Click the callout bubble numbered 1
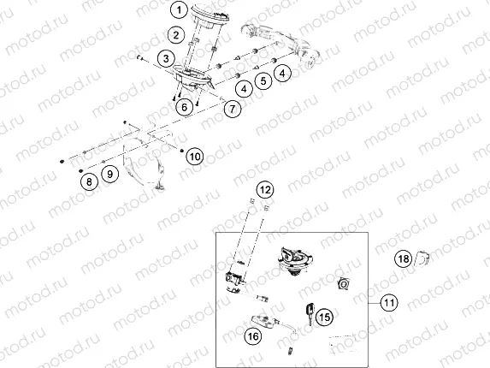point(178,11)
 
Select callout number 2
point(174,35)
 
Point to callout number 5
point(263,80)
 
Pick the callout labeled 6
point(183,107)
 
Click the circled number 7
point(232,108)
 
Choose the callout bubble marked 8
point(86,181)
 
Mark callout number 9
point(109,174)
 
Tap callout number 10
point(195,157)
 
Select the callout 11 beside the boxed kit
point(389,302)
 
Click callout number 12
point(265,189)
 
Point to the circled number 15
point(322,318)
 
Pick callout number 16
point(253,337)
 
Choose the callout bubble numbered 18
point(403,258)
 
